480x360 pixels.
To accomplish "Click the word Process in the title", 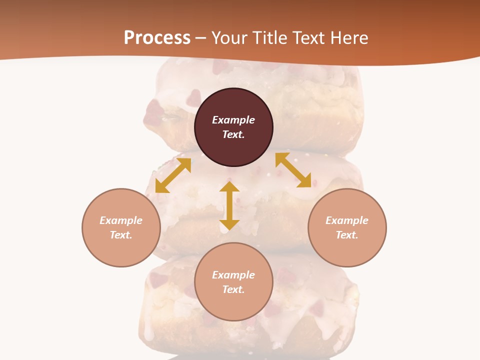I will point(157,37).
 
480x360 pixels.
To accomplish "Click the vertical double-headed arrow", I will point(229,205).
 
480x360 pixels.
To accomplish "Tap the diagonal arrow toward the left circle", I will point(173,175).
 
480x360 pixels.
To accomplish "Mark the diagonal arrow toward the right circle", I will point(293,170).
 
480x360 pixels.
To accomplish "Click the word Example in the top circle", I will point(233,120).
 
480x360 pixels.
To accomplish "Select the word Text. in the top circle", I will point(233,134).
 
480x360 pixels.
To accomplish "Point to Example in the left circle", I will point(121,220).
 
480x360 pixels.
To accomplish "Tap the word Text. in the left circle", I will point(121,235).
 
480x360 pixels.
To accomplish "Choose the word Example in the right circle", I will point(347,220).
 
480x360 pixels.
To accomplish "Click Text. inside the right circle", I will point(347,235).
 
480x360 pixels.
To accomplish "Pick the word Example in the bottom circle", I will point(233,275).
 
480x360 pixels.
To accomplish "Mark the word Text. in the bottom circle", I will point(233,289).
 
